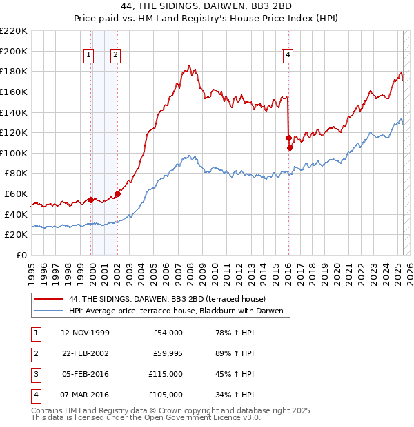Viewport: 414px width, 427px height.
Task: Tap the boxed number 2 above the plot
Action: coord(115,56)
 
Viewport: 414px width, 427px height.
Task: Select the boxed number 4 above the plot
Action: coord(288,56)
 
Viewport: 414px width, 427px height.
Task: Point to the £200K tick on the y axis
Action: coord(14,51)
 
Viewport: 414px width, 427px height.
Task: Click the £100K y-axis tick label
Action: coord(14,153)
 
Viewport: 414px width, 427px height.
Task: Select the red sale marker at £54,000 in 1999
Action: coord(90,200)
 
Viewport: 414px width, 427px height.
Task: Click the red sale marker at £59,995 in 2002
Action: coord(117,194)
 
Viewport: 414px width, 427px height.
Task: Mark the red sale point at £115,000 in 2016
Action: coord(288,138)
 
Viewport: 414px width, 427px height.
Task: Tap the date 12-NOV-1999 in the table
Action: coord(85,333)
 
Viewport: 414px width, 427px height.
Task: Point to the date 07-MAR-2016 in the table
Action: coord(85,395)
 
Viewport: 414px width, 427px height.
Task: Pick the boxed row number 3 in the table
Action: coord(34,374)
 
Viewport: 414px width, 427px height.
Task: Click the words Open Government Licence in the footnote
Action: coord(206,417)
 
